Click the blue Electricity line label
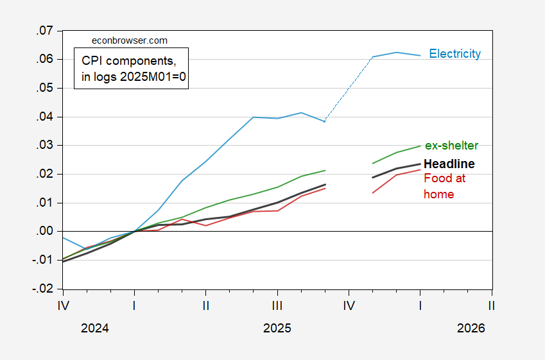coord(454,54)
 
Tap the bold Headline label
coord(449,164)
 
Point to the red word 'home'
coord(439,194)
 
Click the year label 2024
coord(94,328)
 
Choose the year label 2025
coord(277,328)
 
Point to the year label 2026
coord(471,328)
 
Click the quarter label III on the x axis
coord(277,306)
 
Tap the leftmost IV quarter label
coord(63,306)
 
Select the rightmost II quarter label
coord(491,306)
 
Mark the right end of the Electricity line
coord(420,56)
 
